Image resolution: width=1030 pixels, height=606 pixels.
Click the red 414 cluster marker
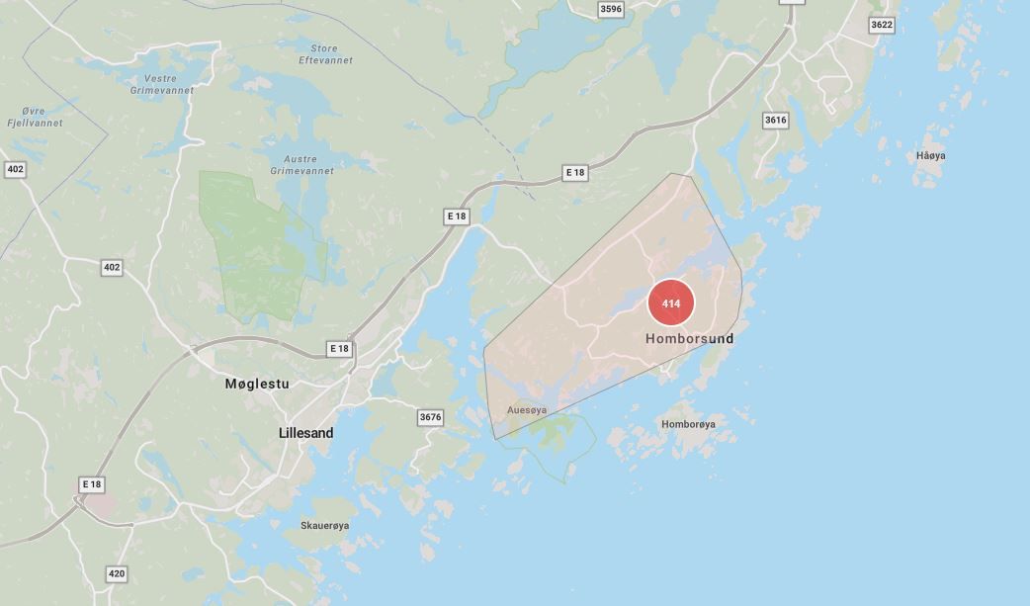pos(671,303)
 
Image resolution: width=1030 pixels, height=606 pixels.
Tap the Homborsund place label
pos(690,339)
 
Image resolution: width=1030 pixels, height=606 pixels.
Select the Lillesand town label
pos(306,433)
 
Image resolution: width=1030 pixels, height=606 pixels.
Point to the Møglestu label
pos(257,384)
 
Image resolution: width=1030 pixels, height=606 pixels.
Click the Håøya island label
pos(931,156)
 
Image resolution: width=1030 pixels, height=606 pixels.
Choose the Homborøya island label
pos(688,424)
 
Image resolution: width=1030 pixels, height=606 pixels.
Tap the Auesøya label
pos(526,409)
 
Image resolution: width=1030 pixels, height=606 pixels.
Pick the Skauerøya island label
pos(325,525)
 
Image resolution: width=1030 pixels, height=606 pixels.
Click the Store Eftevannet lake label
pos(325,54)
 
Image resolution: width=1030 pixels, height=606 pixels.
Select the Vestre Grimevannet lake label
pos(162,84)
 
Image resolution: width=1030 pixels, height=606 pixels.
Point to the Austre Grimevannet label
pos(301,164)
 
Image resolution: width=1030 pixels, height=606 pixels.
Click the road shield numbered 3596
pos(612,9)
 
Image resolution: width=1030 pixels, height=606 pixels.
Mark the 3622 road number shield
pos(882,25)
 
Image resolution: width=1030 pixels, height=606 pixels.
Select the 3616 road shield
pos(776,120)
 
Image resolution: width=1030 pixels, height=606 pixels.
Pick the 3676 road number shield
pos(430,417)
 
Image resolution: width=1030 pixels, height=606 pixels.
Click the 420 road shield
pos(117,573)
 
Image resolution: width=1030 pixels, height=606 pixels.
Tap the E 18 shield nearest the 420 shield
pos(92,484)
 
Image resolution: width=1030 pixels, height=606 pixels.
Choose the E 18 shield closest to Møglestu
pos(339,349)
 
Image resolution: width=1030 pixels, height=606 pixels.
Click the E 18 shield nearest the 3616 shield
pos(575,173)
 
